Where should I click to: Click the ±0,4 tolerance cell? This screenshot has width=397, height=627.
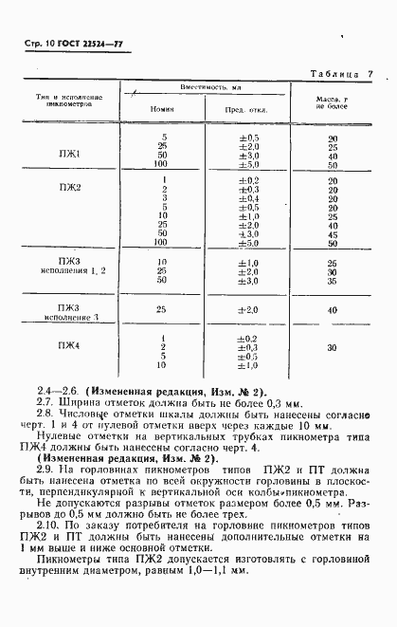click(248, 197)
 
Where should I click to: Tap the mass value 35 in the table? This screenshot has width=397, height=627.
click(333, 280)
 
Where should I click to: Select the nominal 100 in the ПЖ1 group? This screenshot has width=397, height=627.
click(164, 164)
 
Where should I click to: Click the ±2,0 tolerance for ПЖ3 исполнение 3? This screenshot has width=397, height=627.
click(248, 309)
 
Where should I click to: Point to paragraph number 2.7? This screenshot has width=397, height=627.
click(45, 402)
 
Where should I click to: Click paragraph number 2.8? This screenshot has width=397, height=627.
click(45, 413)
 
